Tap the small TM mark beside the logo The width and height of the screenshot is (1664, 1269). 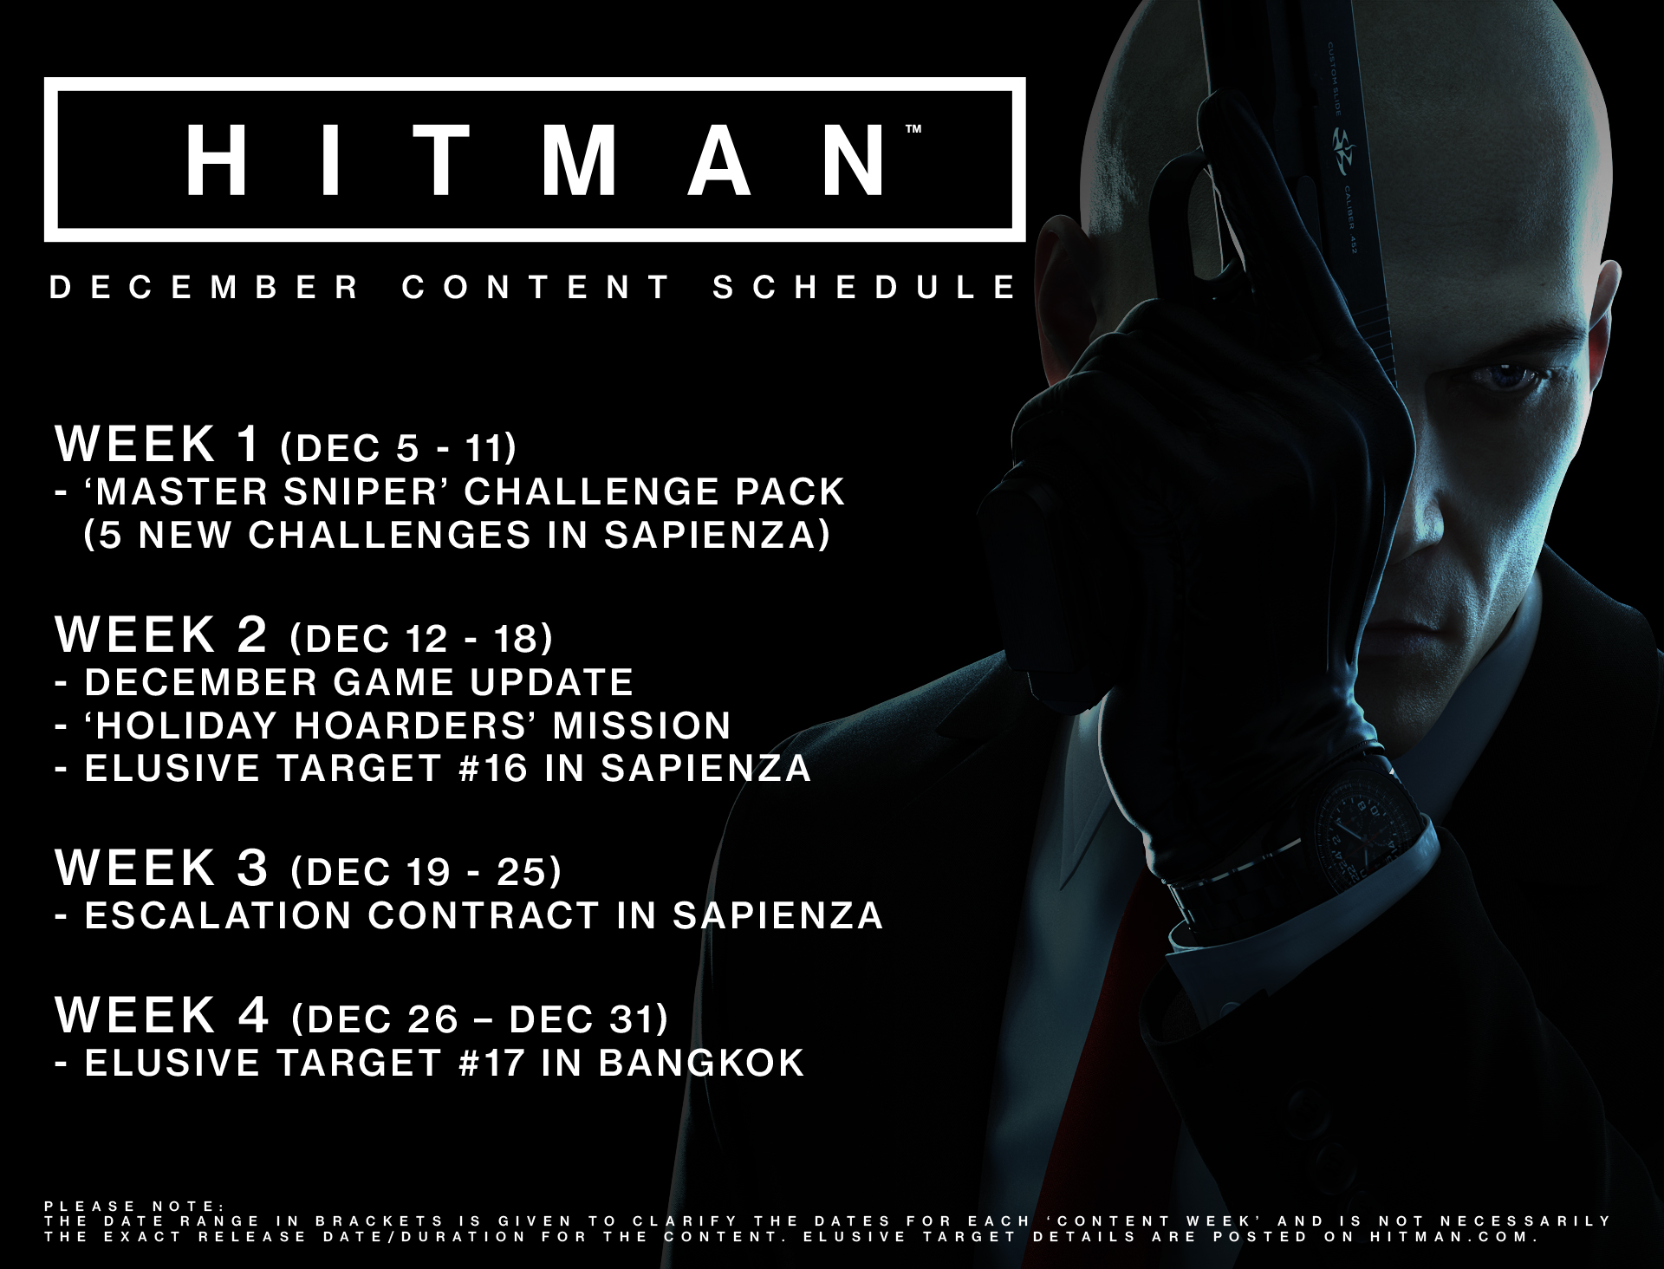click(913, 130)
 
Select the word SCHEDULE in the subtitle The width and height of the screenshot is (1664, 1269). click(864, 288)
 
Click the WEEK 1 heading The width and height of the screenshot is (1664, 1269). click(158, 444)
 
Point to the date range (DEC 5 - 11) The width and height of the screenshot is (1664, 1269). click(399, 447)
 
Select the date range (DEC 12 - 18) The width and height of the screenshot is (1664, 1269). click(422, 639)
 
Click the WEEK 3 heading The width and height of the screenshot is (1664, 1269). click(162, 867)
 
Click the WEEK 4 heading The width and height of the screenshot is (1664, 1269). click(162, 1014)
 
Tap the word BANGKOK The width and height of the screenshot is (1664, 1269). click(701, 1063)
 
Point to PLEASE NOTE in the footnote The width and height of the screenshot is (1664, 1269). click(134, 1206)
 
